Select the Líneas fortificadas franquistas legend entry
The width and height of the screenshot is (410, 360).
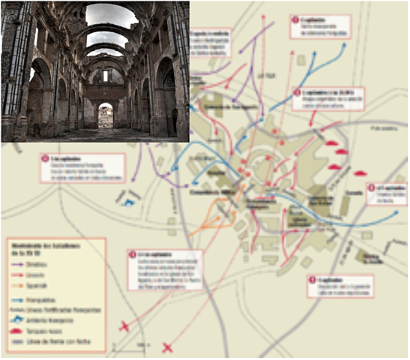pos(52,308)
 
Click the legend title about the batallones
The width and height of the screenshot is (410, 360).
pos(37,248)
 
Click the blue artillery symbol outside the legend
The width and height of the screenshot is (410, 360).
pos(128,198)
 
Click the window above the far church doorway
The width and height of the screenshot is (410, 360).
pos(106,76)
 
